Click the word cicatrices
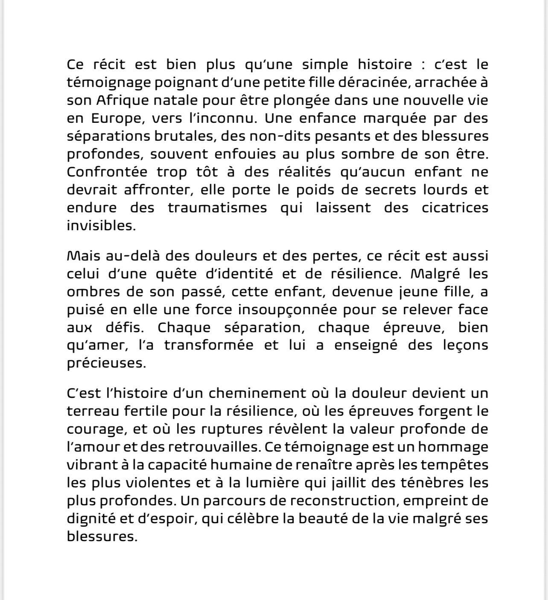[x=455, y=208]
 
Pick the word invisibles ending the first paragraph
[x=100, y=226]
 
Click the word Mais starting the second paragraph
[x=82, y=256]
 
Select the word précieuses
[x=106, y=363]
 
